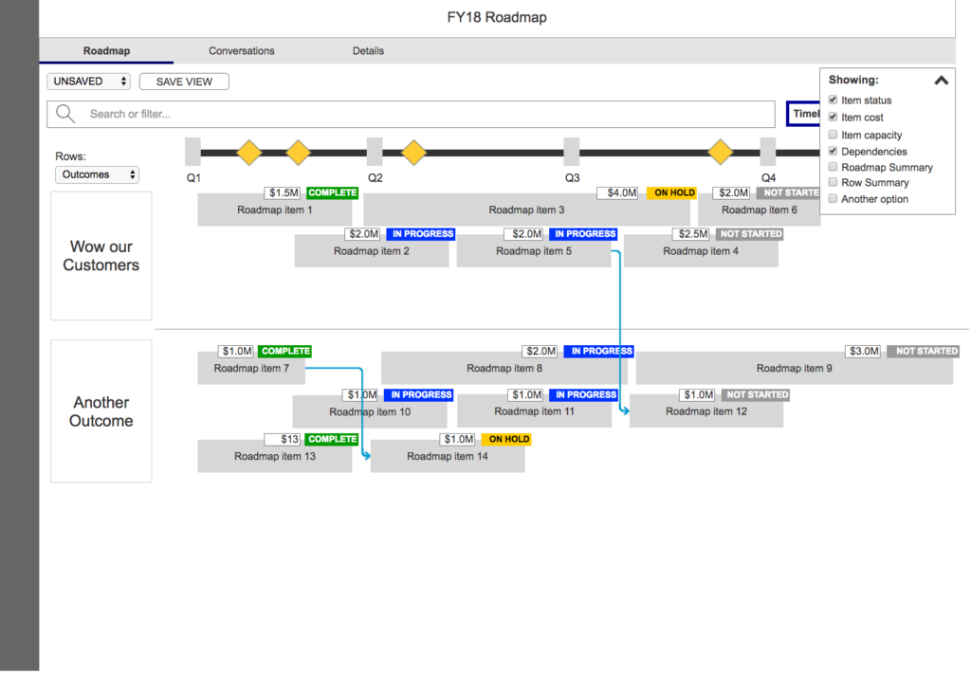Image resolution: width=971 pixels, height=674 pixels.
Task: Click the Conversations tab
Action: point(242,51)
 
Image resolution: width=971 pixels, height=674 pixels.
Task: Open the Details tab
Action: point(368,51)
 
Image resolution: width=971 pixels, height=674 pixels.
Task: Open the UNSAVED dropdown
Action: point(89,82)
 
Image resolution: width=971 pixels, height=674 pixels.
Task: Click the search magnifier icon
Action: point(65,114)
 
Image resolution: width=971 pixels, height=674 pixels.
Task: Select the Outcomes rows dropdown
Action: point(98,174)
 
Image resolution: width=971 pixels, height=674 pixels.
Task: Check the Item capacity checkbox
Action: point(833,135)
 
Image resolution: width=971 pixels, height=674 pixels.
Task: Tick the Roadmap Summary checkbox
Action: point(833,167)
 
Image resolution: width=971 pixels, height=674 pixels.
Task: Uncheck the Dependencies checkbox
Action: point(833,151)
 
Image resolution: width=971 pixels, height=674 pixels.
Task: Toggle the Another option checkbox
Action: point(833,199)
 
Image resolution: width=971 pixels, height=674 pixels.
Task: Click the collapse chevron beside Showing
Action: point(941,81)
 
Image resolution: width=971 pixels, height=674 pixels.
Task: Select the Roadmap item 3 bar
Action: point(526,209)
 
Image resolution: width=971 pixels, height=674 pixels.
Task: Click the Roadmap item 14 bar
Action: point(448,456)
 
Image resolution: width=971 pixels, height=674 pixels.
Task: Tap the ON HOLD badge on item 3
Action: point(674,193)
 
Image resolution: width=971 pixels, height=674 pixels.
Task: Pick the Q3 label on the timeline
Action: point(572,177)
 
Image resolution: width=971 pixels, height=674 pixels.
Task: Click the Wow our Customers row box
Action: point(101,256)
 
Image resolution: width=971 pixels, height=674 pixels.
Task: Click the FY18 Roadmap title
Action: point(497,17)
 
